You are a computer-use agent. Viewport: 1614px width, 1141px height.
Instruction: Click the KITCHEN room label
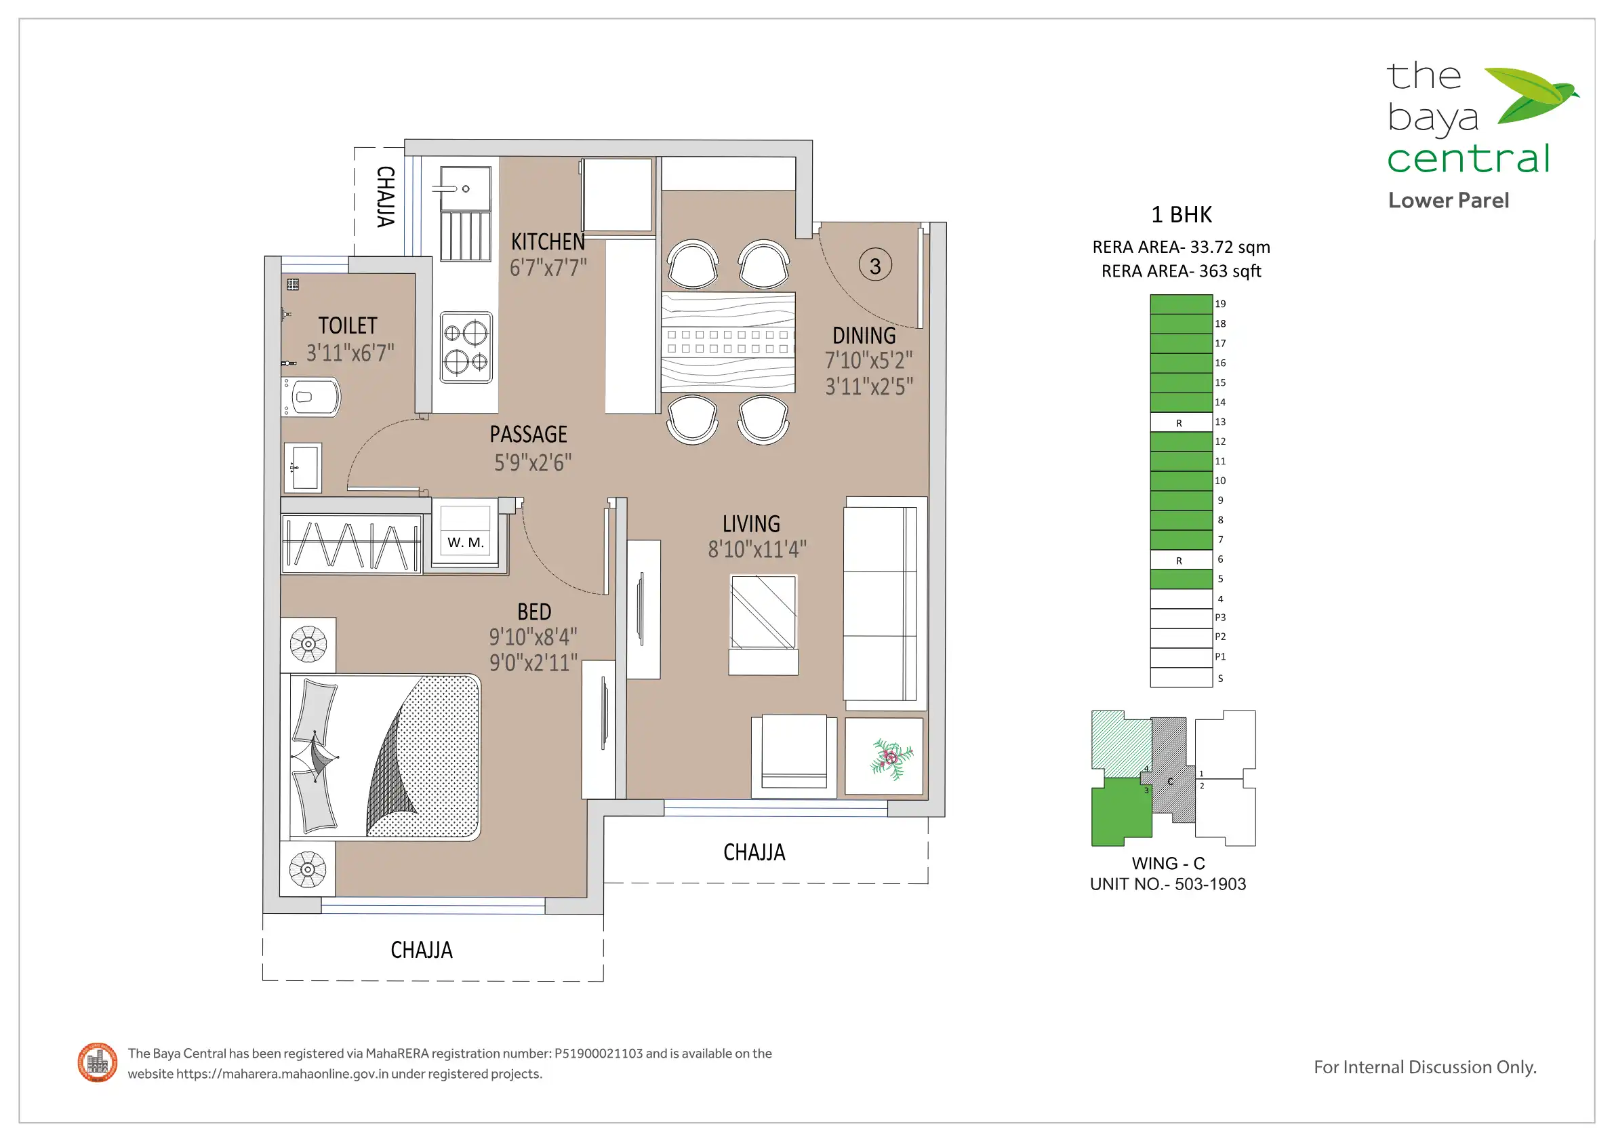coord(548,242)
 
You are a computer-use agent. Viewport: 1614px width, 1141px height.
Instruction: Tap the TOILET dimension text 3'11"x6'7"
coord(350,353)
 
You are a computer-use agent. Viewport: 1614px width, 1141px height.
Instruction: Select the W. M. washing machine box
coord(466,533)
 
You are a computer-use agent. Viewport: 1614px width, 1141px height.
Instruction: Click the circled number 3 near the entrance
coord(875,266)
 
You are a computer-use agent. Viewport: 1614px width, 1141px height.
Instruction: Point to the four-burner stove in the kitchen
coord(466,348)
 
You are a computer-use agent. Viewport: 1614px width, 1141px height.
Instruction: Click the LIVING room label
coord(751,524)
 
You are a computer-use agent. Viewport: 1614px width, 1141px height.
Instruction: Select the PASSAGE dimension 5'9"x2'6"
coord(533,462)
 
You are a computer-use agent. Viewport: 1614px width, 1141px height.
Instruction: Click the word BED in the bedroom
coord(534,612)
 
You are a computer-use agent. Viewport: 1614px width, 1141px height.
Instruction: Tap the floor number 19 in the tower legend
coord(1220,304)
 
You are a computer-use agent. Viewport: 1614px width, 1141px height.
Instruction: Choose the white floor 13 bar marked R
coord(1181,422)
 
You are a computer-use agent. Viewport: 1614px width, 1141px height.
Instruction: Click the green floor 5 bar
coord(1181,579)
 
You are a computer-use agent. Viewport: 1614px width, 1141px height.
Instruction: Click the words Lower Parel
coord(1449,201)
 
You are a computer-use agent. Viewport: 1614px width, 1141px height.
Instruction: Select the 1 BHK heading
coord(1182,214)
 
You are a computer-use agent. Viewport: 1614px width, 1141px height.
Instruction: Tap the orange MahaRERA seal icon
coord(98,1062)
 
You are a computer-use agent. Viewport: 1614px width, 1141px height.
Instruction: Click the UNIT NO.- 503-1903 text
coord(1169,885)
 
